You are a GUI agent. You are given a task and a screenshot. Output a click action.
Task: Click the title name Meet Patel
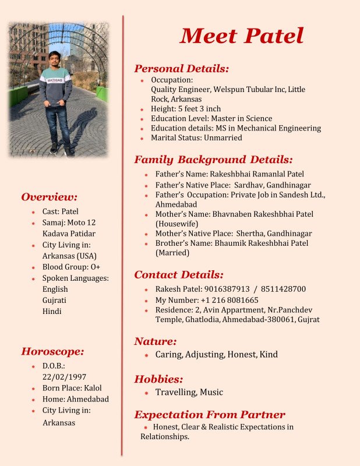[242, 36]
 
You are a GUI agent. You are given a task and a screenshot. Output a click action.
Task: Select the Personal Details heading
[181, 69]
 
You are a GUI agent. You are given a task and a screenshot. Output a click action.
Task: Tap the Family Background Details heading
[213, 160]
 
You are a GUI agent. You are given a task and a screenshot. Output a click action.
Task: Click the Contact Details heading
[179, 275]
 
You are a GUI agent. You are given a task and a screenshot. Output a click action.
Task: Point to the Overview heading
[50, 197]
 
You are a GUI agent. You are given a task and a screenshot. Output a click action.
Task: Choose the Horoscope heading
[53, 351]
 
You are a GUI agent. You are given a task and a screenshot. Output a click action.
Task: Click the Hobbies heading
[158, 379]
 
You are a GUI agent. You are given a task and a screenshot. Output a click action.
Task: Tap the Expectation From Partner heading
[210, 415]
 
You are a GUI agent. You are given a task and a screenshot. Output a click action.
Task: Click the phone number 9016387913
[229, 289]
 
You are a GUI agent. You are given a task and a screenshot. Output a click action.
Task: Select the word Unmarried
[221, 138]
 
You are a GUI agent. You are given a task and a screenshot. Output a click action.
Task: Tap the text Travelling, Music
[189, 393]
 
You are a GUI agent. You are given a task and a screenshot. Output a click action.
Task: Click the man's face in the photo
[54, 59]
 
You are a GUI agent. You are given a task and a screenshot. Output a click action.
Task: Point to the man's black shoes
[61, 149]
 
